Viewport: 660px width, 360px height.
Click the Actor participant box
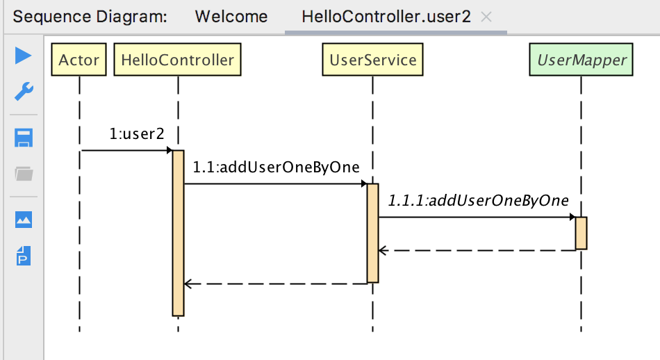tap(79, 60)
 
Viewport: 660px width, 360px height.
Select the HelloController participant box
tap(177, 60)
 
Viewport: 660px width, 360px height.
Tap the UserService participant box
tap(372, 60)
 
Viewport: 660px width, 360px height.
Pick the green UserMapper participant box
tap(581, 60)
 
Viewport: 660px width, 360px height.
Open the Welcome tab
tap(231, 17)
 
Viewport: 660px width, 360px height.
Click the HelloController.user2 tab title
tap(386, 17)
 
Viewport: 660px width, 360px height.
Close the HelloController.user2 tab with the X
tap(486, 17)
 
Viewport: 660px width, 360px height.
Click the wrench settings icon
tap(24, 90)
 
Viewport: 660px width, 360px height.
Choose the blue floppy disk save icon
tap(24, 138)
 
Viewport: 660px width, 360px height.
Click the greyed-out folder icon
tap(24, 174)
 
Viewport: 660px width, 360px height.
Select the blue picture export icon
tap(24, 220)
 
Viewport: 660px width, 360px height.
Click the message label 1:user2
tap(137, 133)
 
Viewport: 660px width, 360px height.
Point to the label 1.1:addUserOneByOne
tap(276, 167)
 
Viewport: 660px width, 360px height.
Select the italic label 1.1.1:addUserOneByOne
tap(478, 200)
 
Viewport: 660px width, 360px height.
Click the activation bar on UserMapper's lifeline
tap(581, 233)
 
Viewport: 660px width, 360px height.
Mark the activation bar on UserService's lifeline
tap(372, 233)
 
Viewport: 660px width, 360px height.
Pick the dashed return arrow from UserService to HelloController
tap(275, 284)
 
